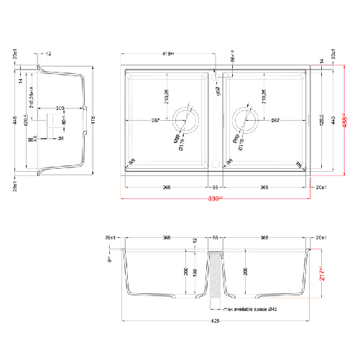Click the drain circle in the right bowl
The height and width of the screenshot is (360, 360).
[245, 120]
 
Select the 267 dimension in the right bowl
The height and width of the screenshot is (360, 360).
[274, 120]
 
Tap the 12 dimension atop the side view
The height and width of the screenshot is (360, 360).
[48, 54]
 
